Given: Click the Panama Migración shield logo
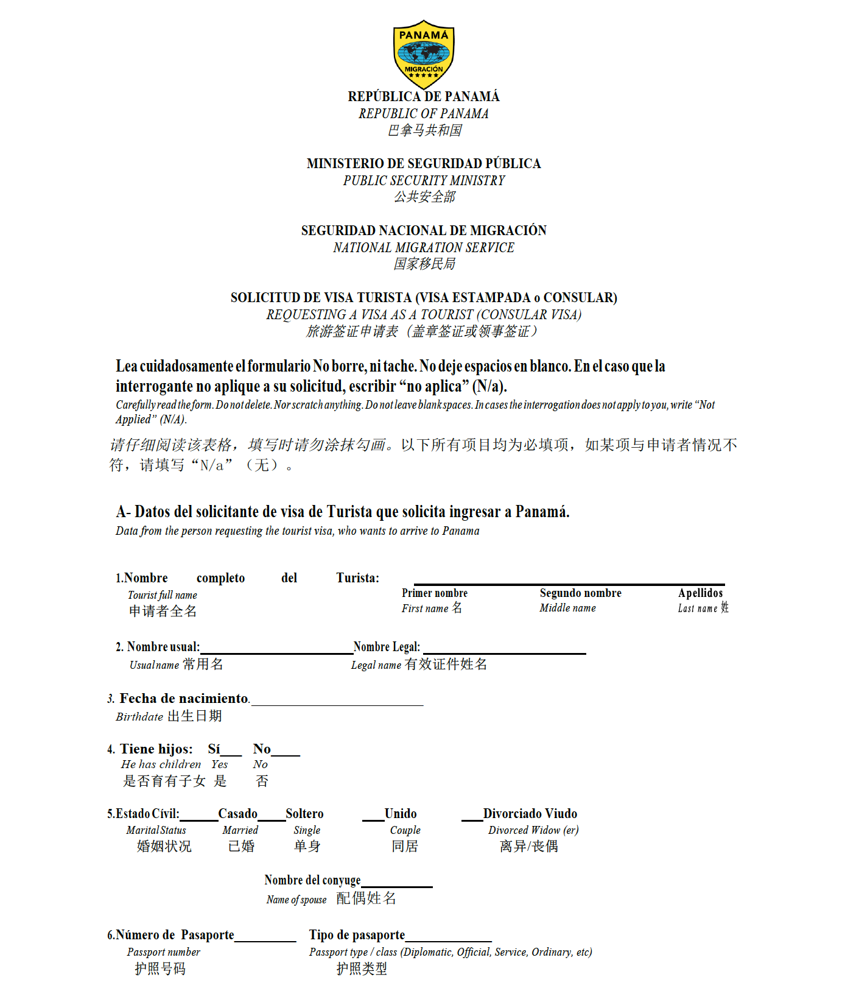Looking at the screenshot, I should (424, 54).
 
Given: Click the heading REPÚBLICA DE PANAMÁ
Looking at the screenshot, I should (424, 97).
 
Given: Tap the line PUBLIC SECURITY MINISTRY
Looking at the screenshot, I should (424, 181).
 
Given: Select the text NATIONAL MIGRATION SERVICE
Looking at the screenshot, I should (424, 248).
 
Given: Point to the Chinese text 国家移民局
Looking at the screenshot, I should (424, 264).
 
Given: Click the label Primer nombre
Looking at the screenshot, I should (435, 593).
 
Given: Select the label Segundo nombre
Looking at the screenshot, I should (580, 593).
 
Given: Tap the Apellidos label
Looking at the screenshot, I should (700, 593).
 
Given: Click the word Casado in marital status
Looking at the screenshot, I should (237, 814).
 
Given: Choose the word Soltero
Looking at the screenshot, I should (304, 814).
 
